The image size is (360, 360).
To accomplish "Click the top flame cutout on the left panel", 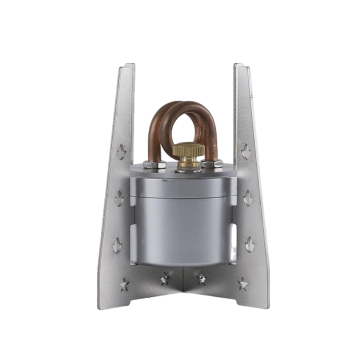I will point(121,152).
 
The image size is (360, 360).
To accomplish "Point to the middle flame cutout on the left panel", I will point(119,199).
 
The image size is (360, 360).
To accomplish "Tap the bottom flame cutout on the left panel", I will point(117,245).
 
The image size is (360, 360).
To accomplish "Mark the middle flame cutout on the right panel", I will point(248,198).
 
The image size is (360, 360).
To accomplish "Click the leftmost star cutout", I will point(124,284).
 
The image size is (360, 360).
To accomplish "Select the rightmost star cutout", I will point(242,284).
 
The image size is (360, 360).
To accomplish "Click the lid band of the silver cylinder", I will point(183,187).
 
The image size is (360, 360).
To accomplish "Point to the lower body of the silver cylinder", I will point(183,233).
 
